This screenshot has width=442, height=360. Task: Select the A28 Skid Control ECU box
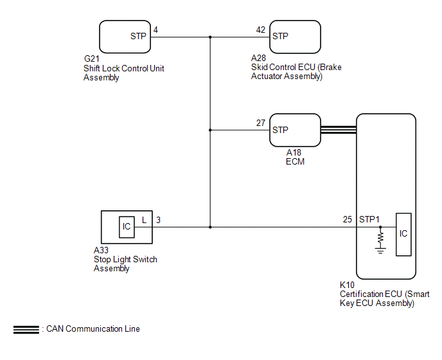pos(294,37)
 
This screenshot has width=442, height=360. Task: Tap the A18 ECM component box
pos(294,130)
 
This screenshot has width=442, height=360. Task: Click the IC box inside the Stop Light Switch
pos(126,227)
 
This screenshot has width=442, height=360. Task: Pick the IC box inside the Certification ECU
pos(403,234)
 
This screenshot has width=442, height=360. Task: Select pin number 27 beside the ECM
pos(260,122)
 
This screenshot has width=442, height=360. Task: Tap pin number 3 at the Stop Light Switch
pos(159,219)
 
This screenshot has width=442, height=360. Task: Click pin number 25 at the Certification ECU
pos(347,219)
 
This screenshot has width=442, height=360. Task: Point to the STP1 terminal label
pos(369,219)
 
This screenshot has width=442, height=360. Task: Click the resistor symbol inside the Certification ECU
pos(380,238)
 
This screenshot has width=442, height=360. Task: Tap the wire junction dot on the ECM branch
pos(210,130)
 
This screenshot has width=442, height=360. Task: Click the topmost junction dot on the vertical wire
pos(210,37)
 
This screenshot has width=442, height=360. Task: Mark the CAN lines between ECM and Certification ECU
pos(338,130)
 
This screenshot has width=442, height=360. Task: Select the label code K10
pos(348,285)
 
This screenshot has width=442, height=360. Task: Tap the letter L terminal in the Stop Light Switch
pos(144,219)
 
